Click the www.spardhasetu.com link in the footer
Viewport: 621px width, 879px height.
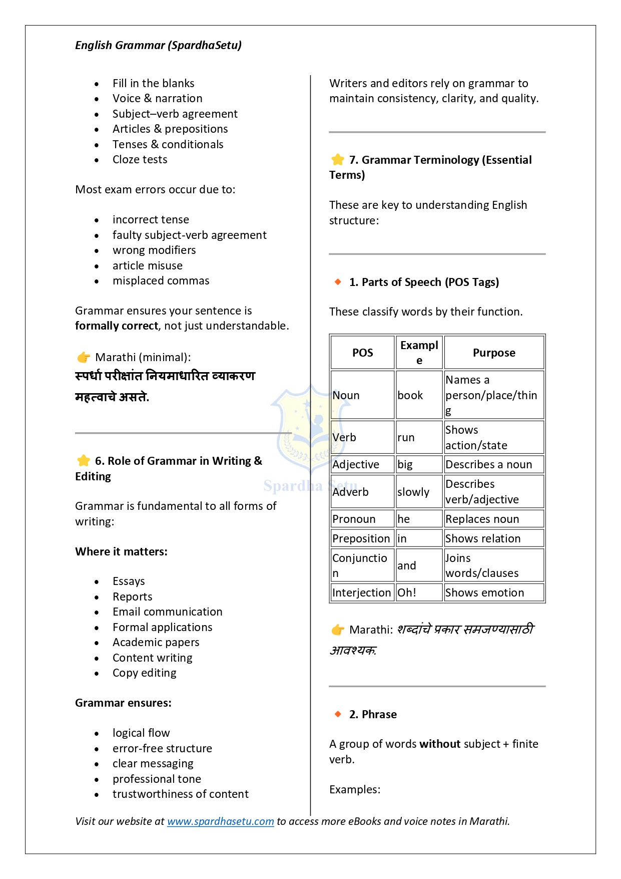pyautogui.click(x=220, y=821)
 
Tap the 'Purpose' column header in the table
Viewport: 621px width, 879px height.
pyautogui.click(x=494, y=353)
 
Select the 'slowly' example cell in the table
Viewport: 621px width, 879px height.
pyautogui.click(x=413, y=492)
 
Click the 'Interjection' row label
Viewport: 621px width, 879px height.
pyautogui.click(x=361, y=593)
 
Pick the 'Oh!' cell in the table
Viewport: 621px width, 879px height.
pyautogui.click(x=407, y=593)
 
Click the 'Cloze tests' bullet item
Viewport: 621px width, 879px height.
pyautogui.click(x=140, y=159)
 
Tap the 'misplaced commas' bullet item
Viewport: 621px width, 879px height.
pyautogui.click(x=161, y=280)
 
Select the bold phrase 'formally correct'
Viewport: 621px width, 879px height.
pyautogui.click(x=117, y=326)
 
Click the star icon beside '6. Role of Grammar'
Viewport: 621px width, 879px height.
pyautogui.click(x=84, y=461)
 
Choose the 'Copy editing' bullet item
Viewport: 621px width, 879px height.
pyautogui.click(x=144, y=673)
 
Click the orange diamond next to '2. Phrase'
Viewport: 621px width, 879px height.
pyautogui.click(x=338, y=714)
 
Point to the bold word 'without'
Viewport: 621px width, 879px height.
pyautogui.click(x=440, y=744)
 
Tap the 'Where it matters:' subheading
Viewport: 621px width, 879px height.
pyautogui.click(x=121, y=551)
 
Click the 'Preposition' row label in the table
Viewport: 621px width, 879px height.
pyautogui.click(x=361, y=538)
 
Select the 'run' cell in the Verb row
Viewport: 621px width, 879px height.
pyautogui.click(x=406, y=437)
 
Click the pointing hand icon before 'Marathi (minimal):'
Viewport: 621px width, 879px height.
pyautogui.click(x=84, y=357)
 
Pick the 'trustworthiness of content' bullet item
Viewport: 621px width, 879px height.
pyautogui.click(x=180, y=794)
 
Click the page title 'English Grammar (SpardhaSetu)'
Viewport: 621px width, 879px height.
pyautogui.click(x=158, y=45)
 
